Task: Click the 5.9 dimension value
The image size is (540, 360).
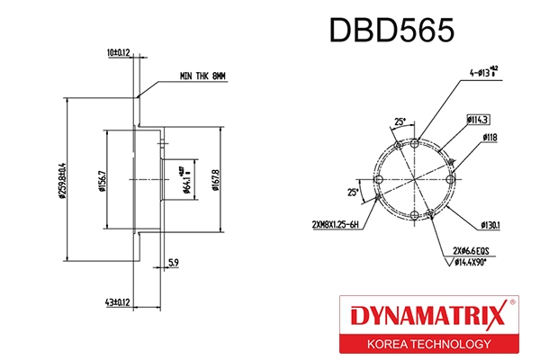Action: coord(172,264)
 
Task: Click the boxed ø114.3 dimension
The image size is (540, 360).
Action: coord(477,119)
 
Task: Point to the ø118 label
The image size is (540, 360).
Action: coord(490,137)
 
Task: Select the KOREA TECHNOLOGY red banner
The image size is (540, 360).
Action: coord(427,345)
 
